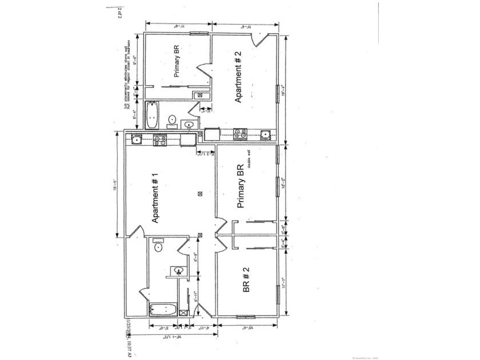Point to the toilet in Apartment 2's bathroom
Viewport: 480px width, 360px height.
click(x=171, y=119)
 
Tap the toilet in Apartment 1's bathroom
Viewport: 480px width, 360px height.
click(x=158, y=247)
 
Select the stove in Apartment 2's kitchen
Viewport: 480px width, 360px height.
click(x=241, y=135)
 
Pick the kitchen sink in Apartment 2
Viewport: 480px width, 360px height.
click(x=265, y=135)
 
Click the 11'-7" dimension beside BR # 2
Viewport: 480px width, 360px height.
click(x=283, y=284)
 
